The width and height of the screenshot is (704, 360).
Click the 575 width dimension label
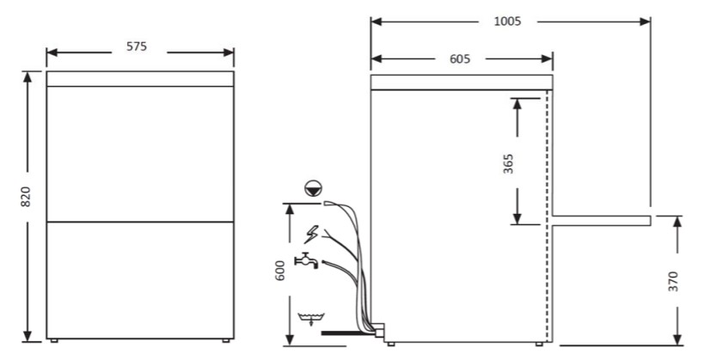click(x=137, y=46)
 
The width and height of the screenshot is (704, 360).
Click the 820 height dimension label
click(x=26, y=197)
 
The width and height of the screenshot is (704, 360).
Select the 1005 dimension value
click(x=507, y=21)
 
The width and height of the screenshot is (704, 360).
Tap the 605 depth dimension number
click(x=460, y=58)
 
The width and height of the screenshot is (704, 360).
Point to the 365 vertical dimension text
click(x=508, y=164)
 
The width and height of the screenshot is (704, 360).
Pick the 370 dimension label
click(x=673, y=282)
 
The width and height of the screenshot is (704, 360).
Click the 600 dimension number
click(x=279, y=271)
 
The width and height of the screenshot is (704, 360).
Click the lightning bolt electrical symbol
click(x=311, y=235)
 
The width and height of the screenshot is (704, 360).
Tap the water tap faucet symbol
click(x=306, y=261)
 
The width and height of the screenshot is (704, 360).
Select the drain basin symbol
click(x=311, y=319)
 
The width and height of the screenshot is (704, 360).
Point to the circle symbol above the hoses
click(x=313, y=188)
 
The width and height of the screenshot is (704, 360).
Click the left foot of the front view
click(x=54, y=341)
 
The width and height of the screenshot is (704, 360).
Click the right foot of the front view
click(x=226, y=341)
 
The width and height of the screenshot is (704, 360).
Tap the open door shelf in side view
click(x=602, y=220)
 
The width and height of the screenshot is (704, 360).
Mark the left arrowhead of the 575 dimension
click(x=52, y=52)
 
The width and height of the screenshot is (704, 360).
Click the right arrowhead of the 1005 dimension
click(x=646, y=21)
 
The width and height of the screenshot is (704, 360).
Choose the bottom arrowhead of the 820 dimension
click(x=28, y=336)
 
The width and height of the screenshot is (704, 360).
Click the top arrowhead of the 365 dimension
click(x=517, y=104)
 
